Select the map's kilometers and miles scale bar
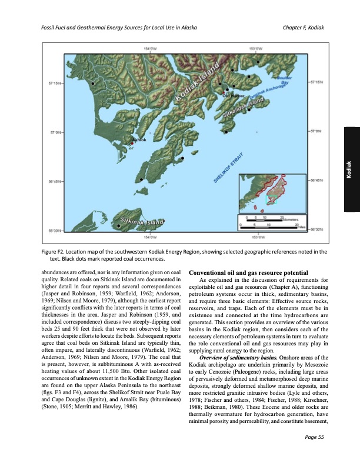(275, 222)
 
